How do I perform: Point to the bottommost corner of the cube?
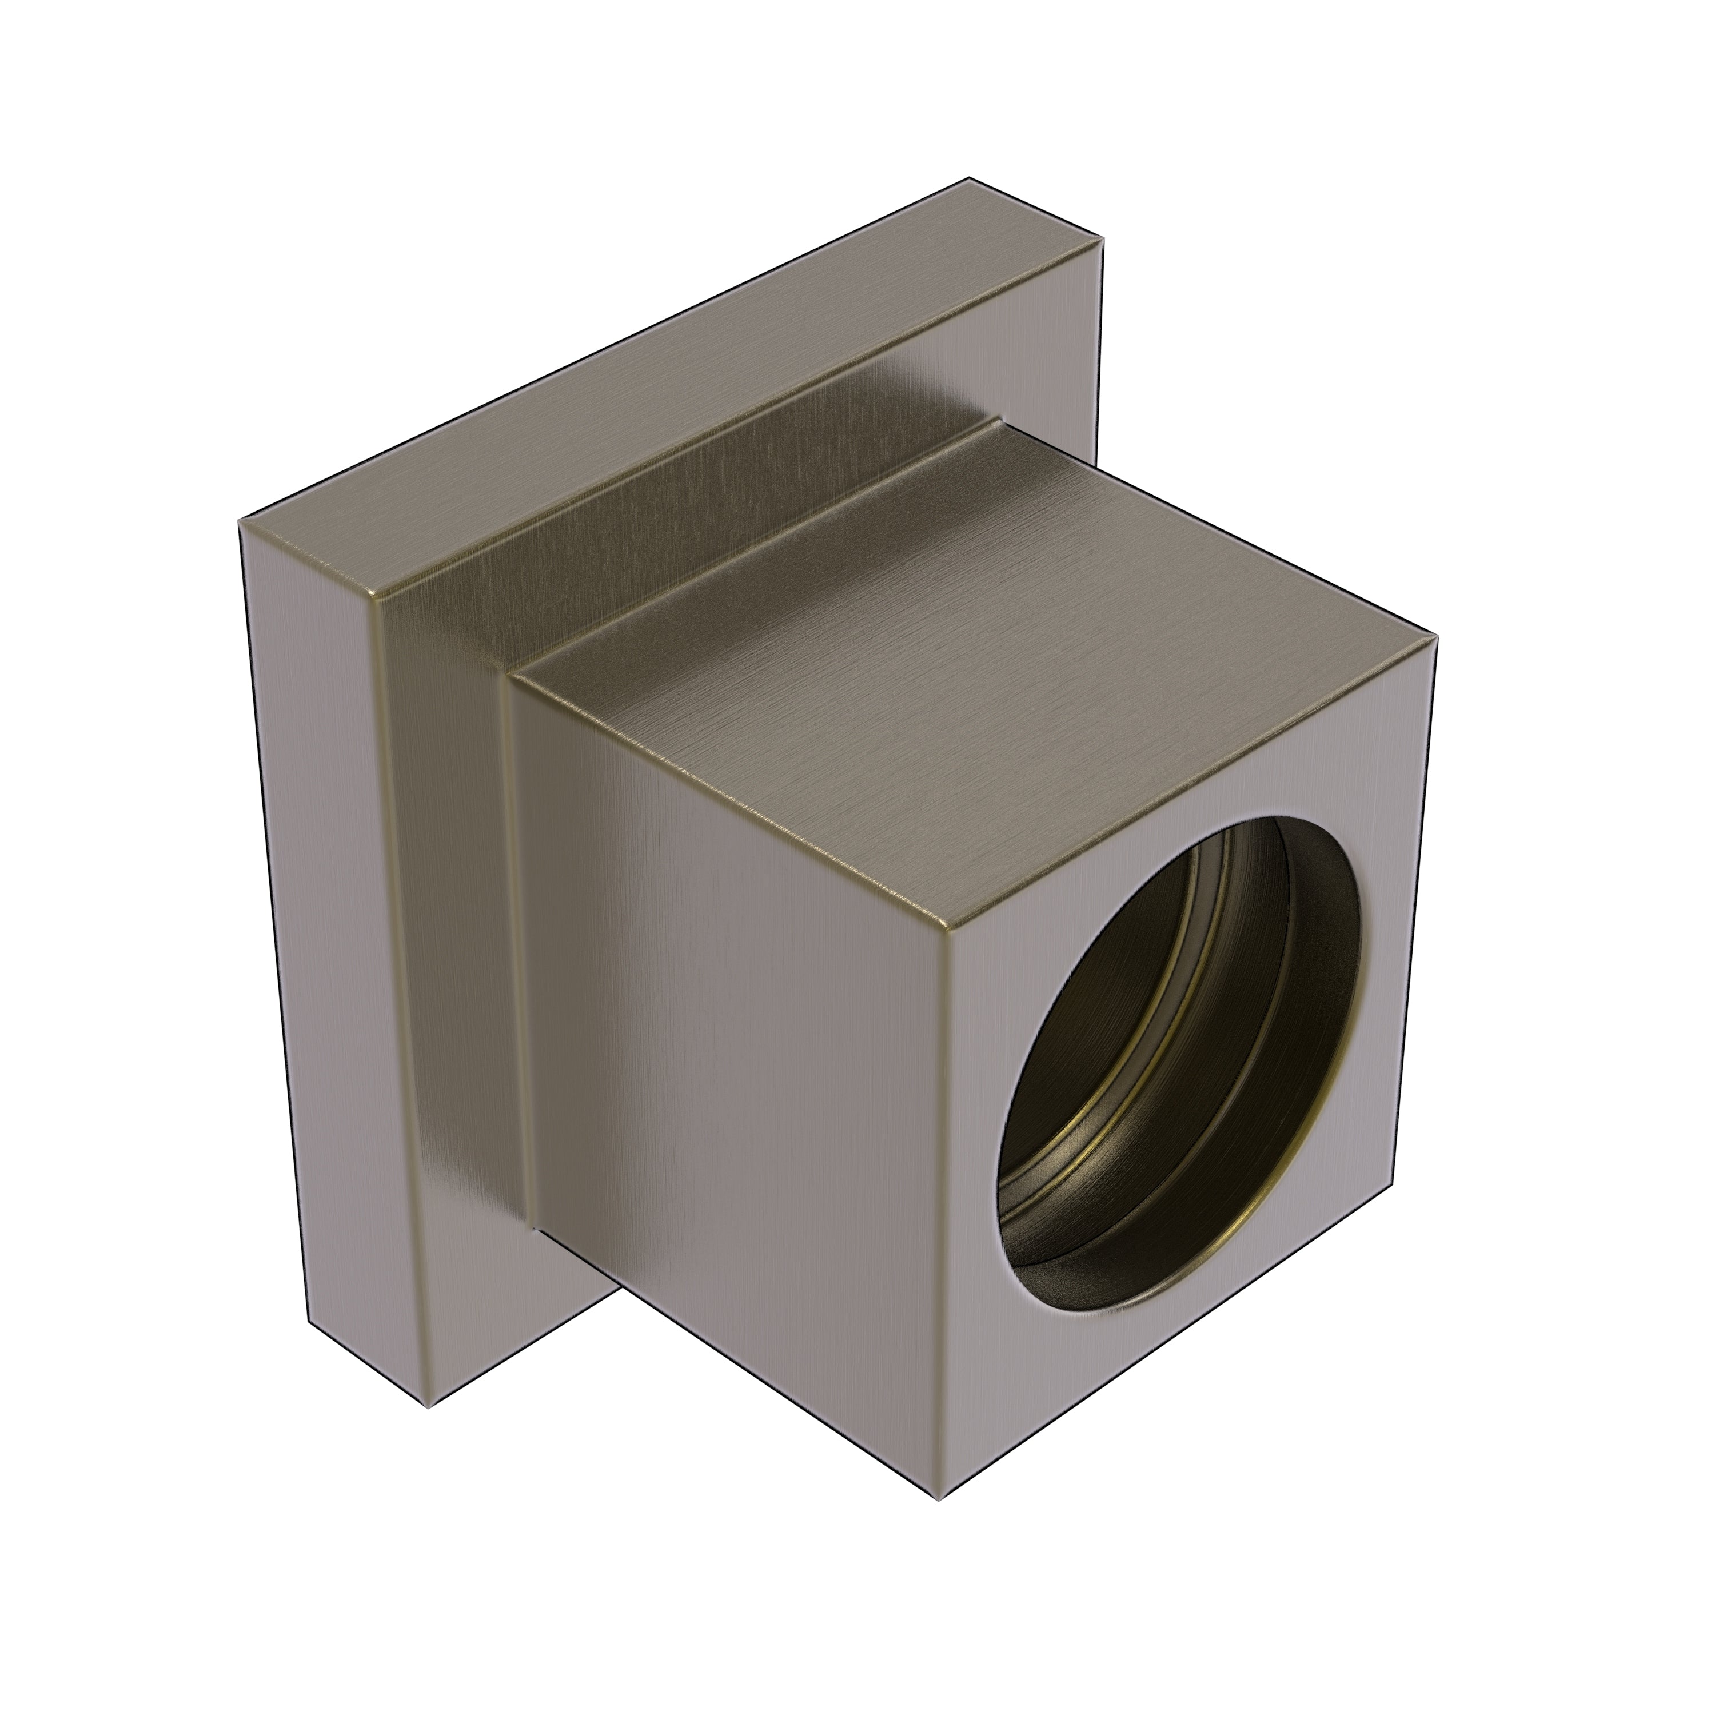point(939,1500)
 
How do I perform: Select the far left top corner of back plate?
point(240,524)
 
